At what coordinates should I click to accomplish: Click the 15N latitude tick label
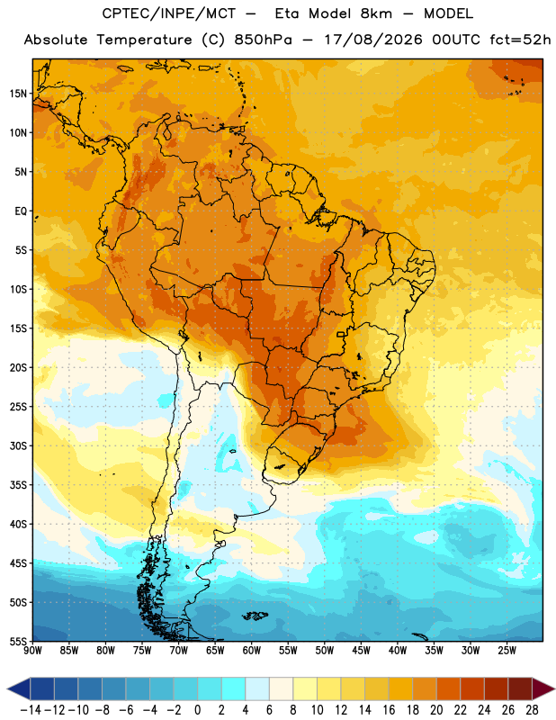(x=18, y=94)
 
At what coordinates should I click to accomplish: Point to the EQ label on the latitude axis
(x=21, y=211)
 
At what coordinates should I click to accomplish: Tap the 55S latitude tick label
(x=18, y=642)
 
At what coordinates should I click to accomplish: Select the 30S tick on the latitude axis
(x=18, y=445)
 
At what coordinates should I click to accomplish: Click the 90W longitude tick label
(x=32, y=651)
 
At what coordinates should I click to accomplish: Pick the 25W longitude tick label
(x=507, y=651)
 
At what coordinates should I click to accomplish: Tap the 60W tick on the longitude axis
(x=252, y=651)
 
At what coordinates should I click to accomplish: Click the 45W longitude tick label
(x=361, y=651)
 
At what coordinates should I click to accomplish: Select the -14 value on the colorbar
(x=31, y=710)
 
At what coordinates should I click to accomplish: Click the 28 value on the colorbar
(x=532, y=710)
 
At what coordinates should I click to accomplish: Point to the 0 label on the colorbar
(x=198, y=710)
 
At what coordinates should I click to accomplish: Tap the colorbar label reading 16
(x=389, y=710)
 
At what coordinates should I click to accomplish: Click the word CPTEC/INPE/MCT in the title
(x=169, y=13)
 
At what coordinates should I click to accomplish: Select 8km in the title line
(x=376, y=13)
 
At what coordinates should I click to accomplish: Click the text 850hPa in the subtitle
(x=263, y=40)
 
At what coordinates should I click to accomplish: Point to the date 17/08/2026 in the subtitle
(x=373, y=40)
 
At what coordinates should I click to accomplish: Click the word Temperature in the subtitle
(x=144, y=40)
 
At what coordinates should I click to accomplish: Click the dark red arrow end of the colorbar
(x=543, y=689)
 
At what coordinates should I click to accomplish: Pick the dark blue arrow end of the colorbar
(x=19, y=689)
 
